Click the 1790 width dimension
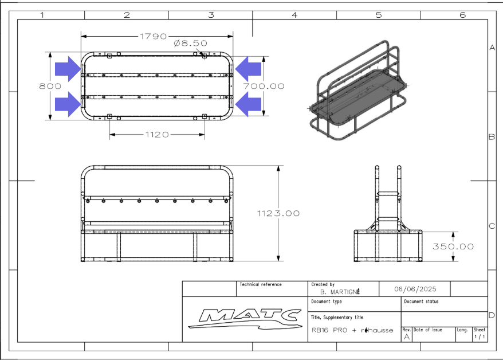(x=154, y=36)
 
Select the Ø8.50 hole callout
(x=191, y=43)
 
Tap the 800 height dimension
(x=50, y=86)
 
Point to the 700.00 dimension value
(x=264, y=86)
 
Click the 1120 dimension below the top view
(x=157, y=135)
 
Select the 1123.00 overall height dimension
(x=278, y=213)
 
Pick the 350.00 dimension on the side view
(x=453, y=246)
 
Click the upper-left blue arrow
(x=68, y=69)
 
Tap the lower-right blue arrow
(x=248, y=104)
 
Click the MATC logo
(x=245, y=319)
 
